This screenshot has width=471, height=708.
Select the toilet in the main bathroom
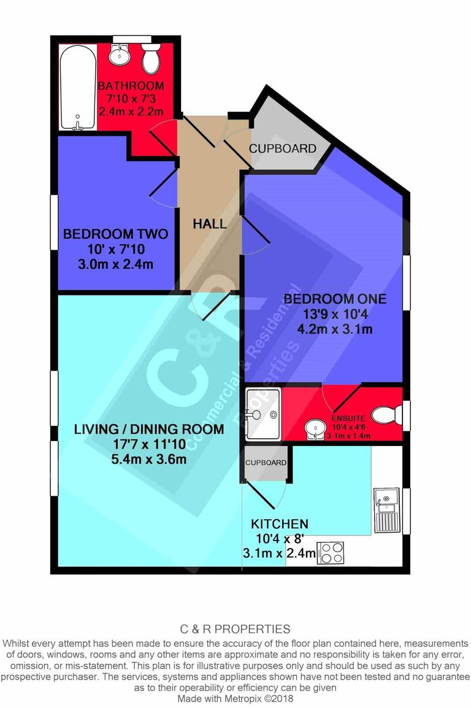tap(151, 58)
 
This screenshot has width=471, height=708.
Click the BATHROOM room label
tap(131, 86)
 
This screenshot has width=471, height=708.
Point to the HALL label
tap(210, 224)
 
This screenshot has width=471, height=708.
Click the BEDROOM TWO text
tap(115, 234)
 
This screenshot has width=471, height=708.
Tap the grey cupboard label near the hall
tap(283, 148)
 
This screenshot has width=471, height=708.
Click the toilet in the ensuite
tap(386, 415)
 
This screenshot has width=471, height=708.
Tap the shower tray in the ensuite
tap(262, 415)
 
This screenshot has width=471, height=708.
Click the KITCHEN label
tap(279, 524)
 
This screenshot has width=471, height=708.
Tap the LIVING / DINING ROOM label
tap(149, 429)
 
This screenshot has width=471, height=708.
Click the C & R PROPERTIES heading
tap(235, 629)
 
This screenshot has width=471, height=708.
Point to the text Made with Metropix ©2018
tap(235, 698)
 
